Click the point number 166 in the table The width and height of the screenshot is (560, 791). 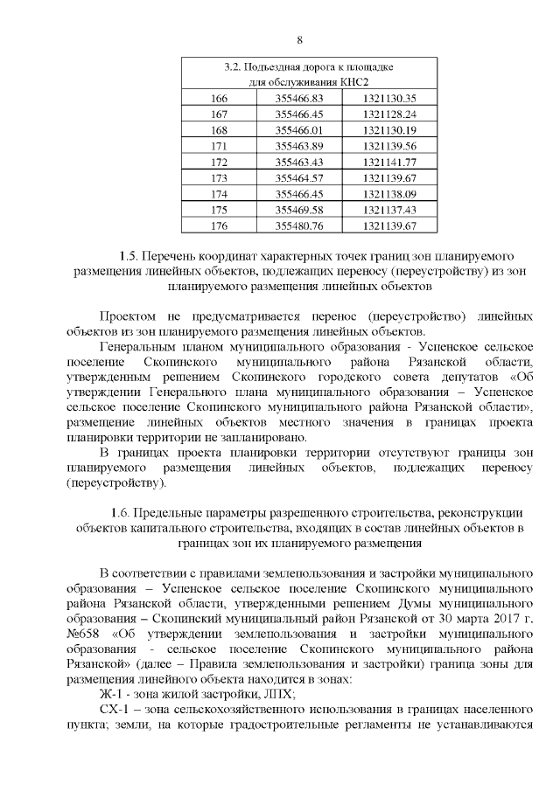[219, 98]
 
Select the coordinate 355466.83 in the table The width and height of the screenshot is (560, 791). [298, 98]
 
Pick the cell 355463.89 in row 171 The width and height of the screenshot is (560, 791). [298, 146]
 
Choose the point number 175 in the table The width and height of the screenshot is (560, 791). [219, 210]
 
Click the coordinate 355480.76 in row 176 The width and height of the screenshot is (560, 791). [298, 226]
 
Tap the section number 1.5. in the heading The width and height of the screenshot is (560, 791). [129, 257]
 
